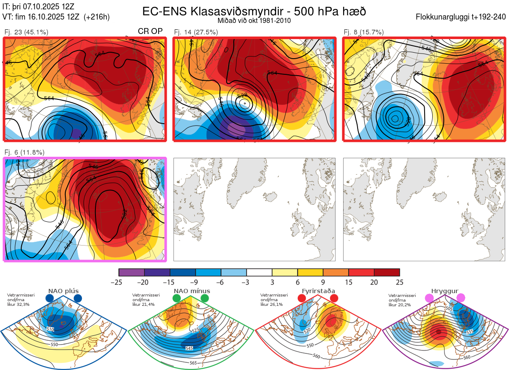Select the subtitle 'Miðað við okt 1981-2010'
pos(254,20)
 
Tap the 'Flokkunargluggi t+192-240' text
pos(461,17)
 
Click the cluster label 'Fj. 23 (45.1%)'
pos(26,32)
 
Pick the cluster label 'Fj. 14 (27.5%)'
pos(196,32)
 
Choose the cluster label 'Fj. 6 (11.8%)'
pos(24,152)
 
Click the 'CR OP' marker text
pos(150,31)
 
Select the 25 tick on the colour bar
pos(399,282)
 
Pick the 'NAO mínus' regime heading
pos(192,291)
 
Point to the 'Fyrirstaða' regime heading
pos(317,291)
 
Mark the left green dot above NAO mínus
pos(177,299)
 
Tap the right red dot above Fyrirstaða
pos(333,299)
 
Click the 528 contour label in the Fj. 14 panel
pos(242,95)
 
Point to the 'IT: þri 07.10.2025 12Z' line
pos(38,6)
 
